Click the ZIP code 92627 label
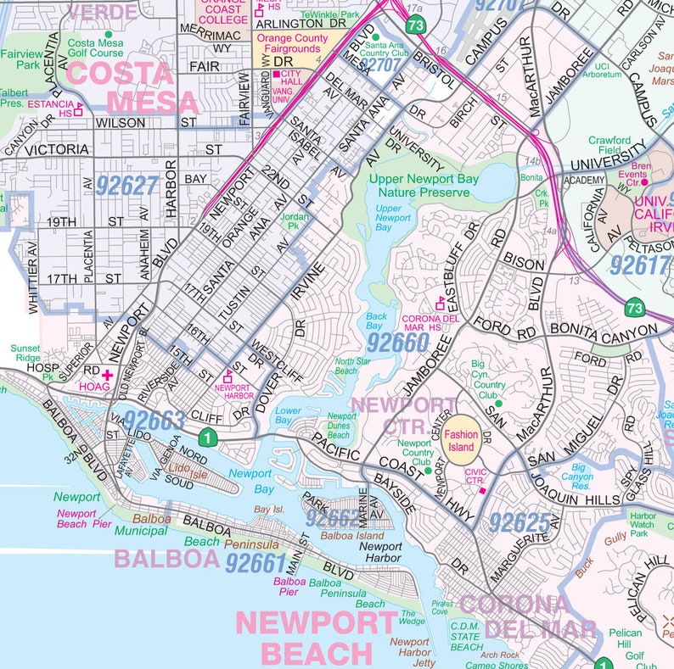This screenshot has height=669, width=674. (x=127, y=185)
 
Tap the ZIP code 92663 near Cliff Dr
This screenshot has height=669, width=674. (x=154, y=420)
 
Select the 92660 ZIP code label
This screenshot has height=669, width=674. (x=398, y=343)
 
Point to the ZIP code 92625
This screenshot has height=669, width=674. (x=520, y=522)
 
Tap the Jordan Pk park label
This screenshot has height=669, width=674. (x=294, y=221)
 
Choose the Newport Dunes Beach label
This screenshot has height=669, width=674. (x=342, y=426)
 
